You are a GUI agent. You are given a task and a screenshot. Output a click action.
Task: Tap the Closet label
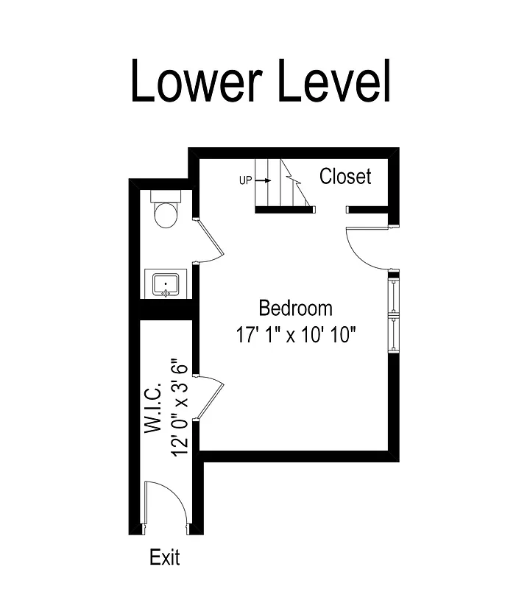click(345, 177)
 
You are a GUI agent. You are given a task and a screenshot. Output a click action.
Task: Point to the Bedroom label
click(295, 308)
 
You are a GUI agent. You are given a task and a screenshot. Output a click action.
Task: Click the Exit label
click(164, 557)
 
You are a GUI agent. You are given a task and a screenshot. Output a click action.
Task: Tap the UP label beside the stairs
click(246, 180)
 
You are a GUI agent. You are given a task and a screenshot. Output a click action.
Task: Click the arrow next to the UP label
click(264, 180)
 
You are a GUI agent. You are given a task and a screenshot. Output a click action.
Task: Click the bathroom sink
click(166, 283)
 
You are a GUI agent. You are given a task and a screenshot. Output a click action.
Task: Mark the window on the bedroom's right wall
click(394, 313)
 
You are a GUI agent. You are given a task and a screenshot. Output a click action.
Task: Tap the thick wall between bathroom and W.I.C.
click(161, 309)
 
